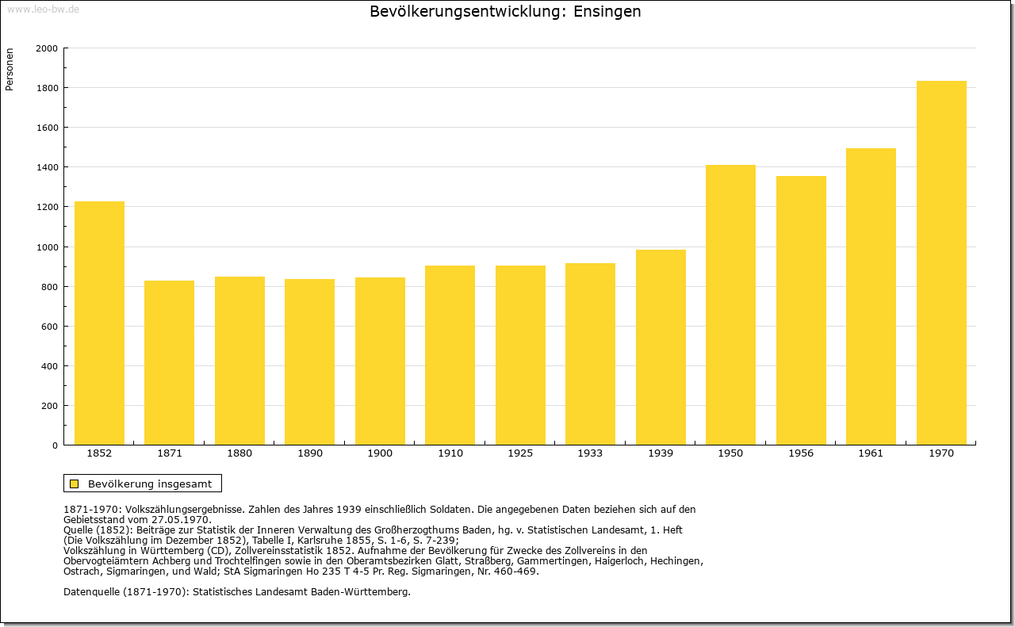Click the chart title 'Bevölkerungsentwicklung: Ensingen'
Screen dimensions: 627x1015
tap(505, 12)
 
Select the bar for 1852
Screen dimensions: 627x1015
tap(99, 323)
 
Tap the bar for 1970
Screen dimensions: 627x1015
tap(941, 262)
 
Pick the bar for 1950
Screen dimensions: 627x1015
tap(730, 304)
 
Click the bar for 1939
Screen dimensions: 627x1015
tap(661, 347)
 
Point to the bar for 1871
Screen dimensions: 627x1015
tap(169, 362)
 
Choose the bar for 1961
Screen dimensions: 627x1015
tap(871, 296)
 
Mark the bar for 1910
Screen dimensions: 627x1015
tap(450, 355)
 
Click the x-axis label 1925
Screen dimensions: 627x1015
tap(520, 453)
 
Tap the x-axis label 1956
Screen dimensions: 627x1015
tap(801, 453)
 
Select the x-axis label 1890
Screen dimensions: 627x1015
tap(309, 453)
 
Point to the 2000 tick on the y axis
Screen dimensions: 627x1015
tap(48, 48)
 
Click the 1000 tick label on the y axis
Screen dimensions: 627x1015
tap(48, 247)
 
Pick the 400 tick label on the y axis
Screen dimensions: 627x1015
tap(50, 366)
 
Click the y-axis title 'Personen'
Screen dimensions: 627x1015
tap(10, 70)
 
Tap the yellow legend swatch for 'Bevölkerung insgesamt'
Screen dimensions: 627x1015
tap(75, 484)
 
